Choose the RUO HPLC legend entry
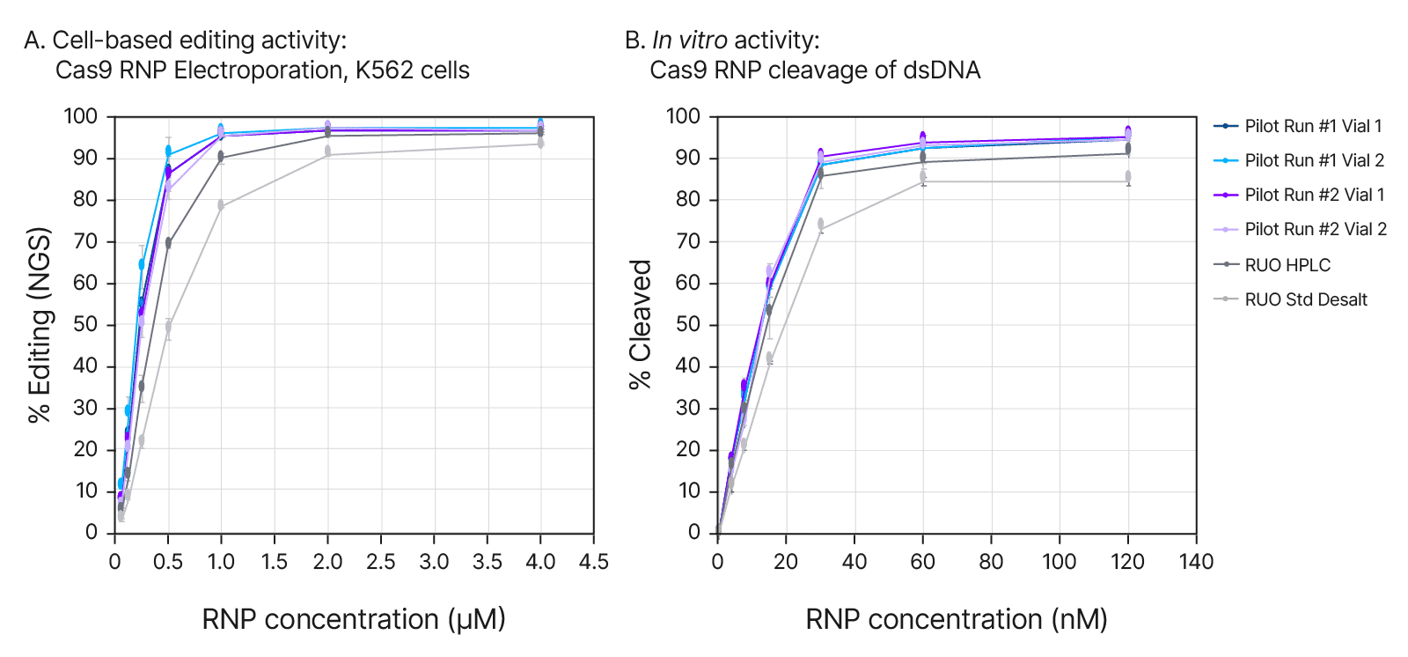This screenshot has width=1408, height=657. click(1287, 265)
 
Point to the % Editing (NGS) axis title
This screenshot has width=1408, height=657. click(40, 325)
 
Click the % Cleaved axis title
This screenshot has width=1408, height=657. click(640, 324)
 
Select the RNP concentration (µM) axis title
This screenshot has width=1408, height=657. click(354, 619)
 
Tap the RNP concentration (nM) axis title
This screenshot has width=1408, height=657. click(957, 619)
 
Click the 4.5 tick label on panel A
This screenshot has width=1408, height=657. click(594, 562)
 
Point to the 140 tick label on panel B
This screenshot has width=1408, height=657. click(1196, 562)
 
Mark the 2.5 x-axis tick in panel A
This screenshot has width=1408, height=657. click(381, 562)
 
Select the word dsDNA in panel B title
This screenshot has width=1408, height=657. click(943, 70)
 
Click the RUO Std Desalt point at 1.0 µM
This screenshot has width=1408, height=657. click(221, 206)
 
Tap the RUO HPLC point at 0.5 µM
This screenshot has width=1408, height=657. click(168, 243)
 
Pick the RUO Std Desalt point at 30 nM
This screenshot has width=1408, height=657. click(820, 225)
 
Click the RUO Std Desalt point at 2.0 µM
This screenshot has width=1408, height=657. click(327, 151)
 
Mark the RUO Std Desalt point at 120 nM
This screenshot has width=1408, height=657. click(1128, 177)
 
